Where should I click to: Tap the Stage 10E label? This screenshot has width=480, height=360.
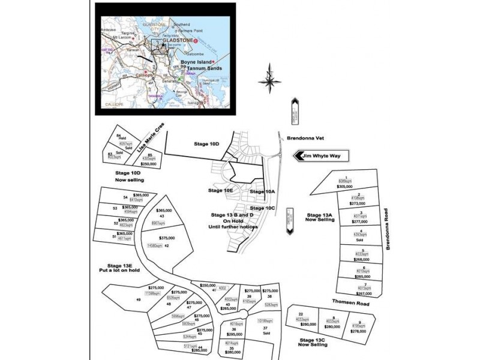click(220, 190)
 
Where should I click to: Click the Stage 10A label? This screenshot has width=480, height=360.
click(262, 191)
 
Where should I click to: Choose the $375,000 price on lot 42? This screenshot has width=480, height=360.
click(167, 238)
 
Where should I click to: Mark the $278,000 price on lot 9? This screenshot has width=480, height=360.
click(358, 331)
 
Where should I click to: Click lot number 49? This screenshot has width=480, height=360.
click(138, 299)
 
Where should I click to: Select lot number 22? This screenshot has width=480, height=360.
click(301, 314)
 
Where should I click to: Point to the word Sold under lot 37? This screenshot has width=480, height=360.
click(266, 334)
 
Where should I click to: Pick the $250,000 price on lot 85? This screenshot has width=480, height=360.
click(148, 163)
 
